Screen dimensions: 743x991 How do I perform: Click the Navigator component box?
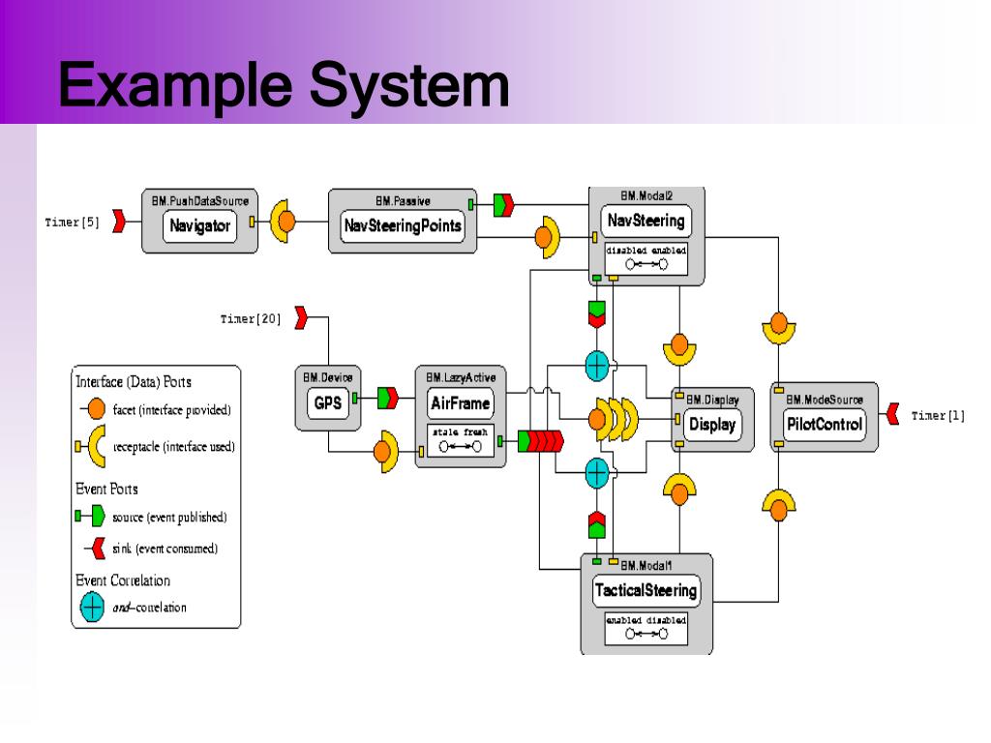coord(199,227)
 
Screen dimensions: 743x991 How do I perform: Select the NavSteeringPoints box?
coord(403,227)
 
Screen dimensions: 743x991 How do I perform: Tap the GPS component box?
coord(328,403)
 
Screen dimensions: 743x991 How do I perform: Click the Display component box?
coord(712,424)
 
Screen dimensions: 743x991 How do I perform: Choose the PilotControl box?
coord(824,424)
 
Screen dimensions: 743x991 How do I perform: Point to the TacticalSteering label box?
coord(646,590)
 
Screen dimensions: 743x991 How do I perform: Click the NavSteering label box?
coord(646,221)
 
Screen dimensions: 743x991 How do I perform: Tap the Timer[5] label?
coord(72,222)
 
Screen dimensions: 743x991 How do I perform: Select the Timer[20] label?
coord(251,319)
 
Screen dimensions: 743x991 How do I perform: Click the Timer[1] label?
coord(938,416)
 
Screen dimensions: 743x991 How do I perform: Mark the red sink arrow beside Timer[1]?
coord(894,416)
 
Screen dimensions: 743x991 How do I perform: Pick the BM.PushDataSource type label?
coord(199,201)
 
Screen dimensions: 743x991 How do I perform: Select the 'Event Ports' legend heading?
coord(106,489)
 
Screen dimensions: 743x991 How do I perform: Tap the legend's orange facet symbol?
coord(92,409)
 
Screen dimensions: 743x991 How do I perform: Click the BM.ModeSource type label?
coord(824,399)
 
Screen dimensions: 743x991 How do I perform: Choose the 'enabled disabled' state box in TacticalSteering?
coord(646,627)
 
